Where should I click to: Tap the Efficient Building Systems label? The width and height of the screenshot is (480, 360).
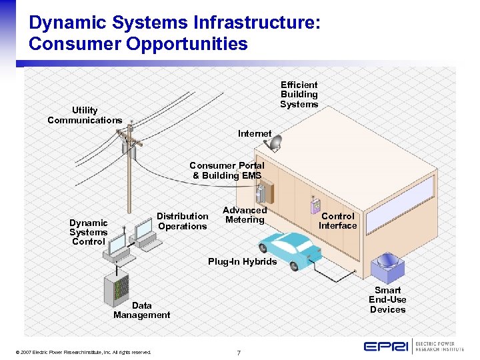click(299, 95)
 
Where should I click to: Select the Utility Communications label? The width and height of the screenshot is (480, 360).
click(85, 115)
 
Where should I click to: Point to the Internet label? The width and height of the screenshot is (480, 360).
click(255, 134)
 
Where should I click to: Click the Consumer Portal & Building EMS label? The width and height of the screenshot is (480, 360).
click(227, 171)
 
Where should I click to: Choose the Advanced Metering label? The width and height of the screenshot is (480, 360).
click(245, 215)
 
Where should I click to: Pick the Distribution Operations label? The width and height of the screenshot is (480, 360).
click(183, 221)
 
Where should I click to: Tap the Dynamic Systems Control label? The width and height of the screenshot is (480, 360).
click(88, 232)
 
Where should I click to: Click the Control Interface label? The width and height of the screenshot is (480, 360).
click(337, 221)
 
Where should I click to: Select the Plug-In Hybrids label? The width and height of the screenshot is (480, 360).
click(242, 262)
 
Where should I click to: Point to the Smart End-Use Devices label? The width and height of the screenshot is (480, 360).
click(387, 300)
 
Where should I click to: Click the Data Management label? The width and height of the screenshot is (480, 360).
click(141, 310)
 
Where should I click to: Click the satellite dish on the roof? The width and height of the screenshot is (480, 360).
click(274, 143)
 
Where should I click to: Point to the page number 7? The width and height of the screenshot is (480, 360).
click(239, 352)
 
